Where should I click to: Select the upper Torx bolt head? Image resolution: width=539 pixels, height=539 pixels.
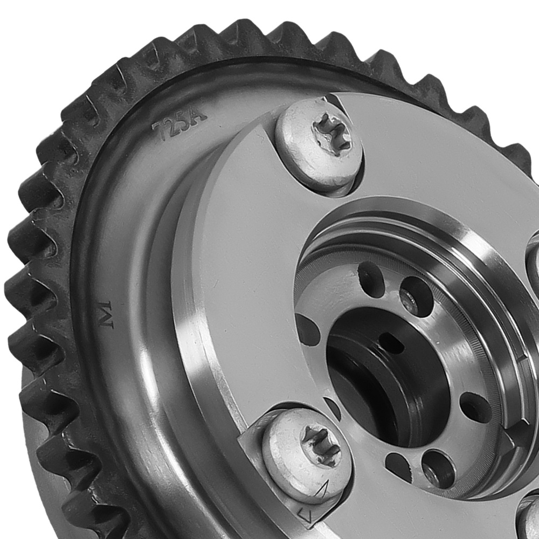[x=319, y=147]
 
